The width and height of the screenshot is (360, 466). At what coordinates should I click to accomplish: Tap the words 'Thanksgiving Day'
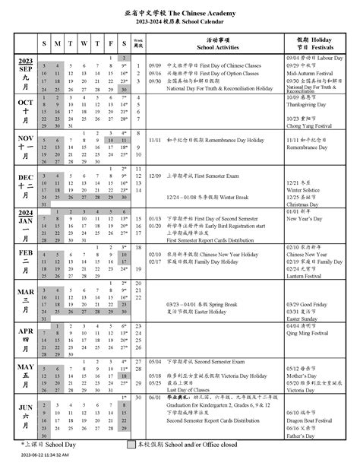[x=305, y=106]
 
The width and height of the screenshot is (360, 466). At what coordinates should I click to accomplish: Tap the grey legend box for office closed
[x=131, y=443]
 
